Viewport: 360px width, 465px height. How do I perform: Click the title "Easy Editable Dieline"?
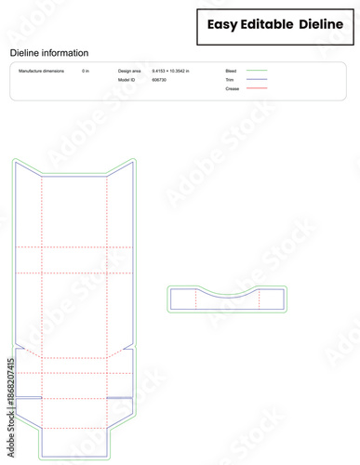(x=274, y=24)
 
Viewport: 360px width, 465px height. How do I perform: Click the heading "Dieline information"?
(x=49, y=54)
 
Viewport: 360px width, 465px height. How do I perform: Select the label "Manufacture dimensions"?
(x=42, y=71)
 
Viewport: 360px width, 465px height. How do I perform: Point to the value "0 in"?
(x=86, y=71)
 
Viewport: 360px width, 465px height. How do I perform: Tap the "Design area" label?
(x=130, y=71)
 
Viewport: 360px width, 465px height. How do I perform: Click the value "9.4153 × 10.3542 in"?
(x=170, y=71)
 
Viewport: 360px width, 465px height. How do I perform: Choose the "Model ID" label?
(x=127, y=80)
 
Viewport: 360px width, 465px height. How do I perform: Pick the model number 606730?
(x=159, y=80)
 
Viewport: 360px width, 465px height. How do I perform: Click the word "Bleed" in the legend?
(x=231, y=71)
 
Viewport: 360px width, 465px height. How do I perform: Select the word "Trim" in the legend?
(x=230, y=80)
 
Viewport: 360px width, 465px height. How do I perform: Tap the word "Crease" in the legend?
(x=232, y=88)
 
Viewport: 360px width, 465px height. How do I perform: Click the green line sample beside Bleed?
(x=257, y=71)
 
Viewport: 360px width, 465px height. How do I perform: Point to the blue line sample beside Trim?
(x=257, y=80)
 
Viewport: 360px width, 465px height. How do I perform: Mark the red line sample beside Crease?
(x=257, y=88)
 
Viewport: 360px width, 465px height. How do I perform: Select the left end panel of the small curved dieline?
(x=183, y=299)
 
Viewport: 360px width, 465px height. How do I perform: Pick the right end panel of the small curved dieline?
(x=272, y=299)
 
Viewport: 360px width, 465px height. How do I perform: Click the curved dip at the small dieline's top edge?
(x=228, y=295)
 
